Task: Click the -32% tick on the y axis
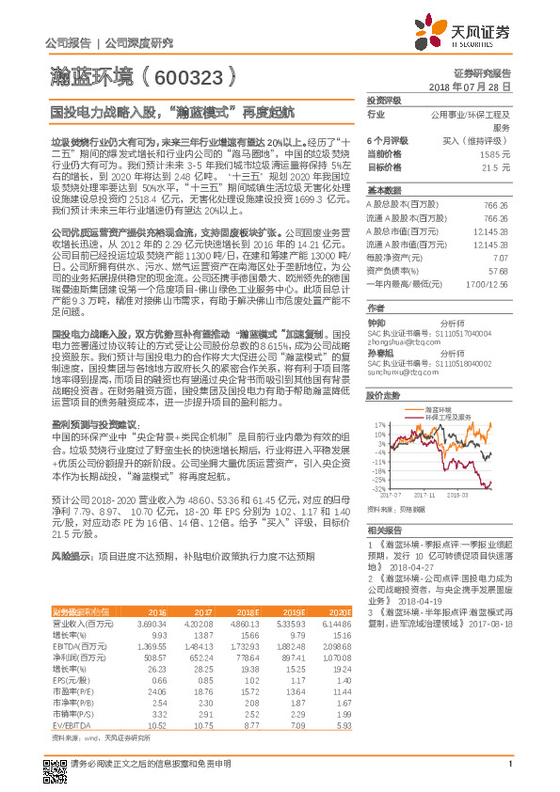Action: pyautogui.click(x=377, y=489)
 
